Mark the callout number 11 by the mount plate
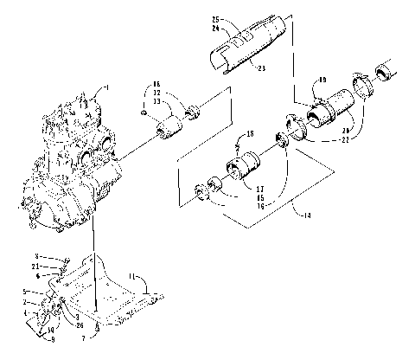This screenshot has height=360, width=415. pyautogui.click(x=133, y=276)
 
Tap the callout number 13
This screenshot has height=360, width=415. pyautogui.click(x=157, y=103)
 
